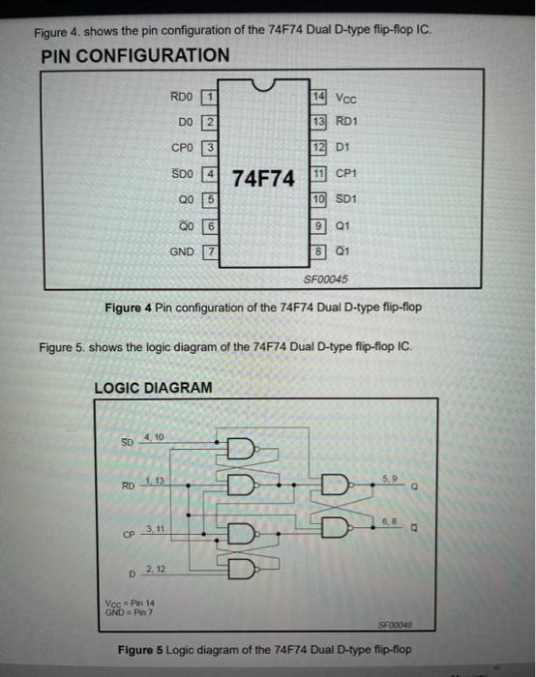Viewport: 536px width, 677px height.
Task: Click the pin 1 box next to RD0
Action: click(x=208, y=97)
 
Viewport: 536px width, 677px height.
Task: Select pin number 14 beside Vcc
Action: click(x=319, y=97)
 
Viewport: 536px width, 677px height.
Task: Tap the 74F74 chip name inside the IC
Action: click(x=263, y=178)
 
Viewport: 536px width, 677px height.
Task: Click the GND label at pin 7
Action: click(x=182, y=250)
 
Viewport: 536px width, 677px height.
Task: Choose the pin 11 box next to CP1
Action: click(x=319, y=174)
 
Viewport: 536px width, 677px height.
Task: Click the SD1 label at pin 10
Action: click(x=347, y=199)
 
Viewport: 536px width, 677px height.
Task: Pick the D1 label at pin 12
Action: click(x=343, y=148)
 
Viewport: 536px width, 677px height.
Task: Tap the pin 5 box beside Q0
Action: click(x=208, y=199)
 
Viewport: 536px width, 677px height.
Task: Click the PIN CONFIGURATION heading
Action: click(x=135, y=55)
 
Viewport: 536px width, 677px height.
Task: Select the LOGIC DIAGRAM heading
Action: click(x=153, y=388)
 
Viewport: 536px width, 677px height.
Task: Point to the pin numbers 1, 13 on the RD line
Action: click(x=154, y=482)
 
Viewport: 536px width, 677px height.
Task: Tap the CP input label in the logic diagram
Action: click(x=129, y=533)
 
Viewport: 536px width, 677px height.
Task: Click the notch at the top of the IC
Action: click(x=263, y=89)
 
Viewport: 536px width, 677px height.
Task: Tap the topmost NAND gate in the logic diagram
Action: click(x=237, y=448)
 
